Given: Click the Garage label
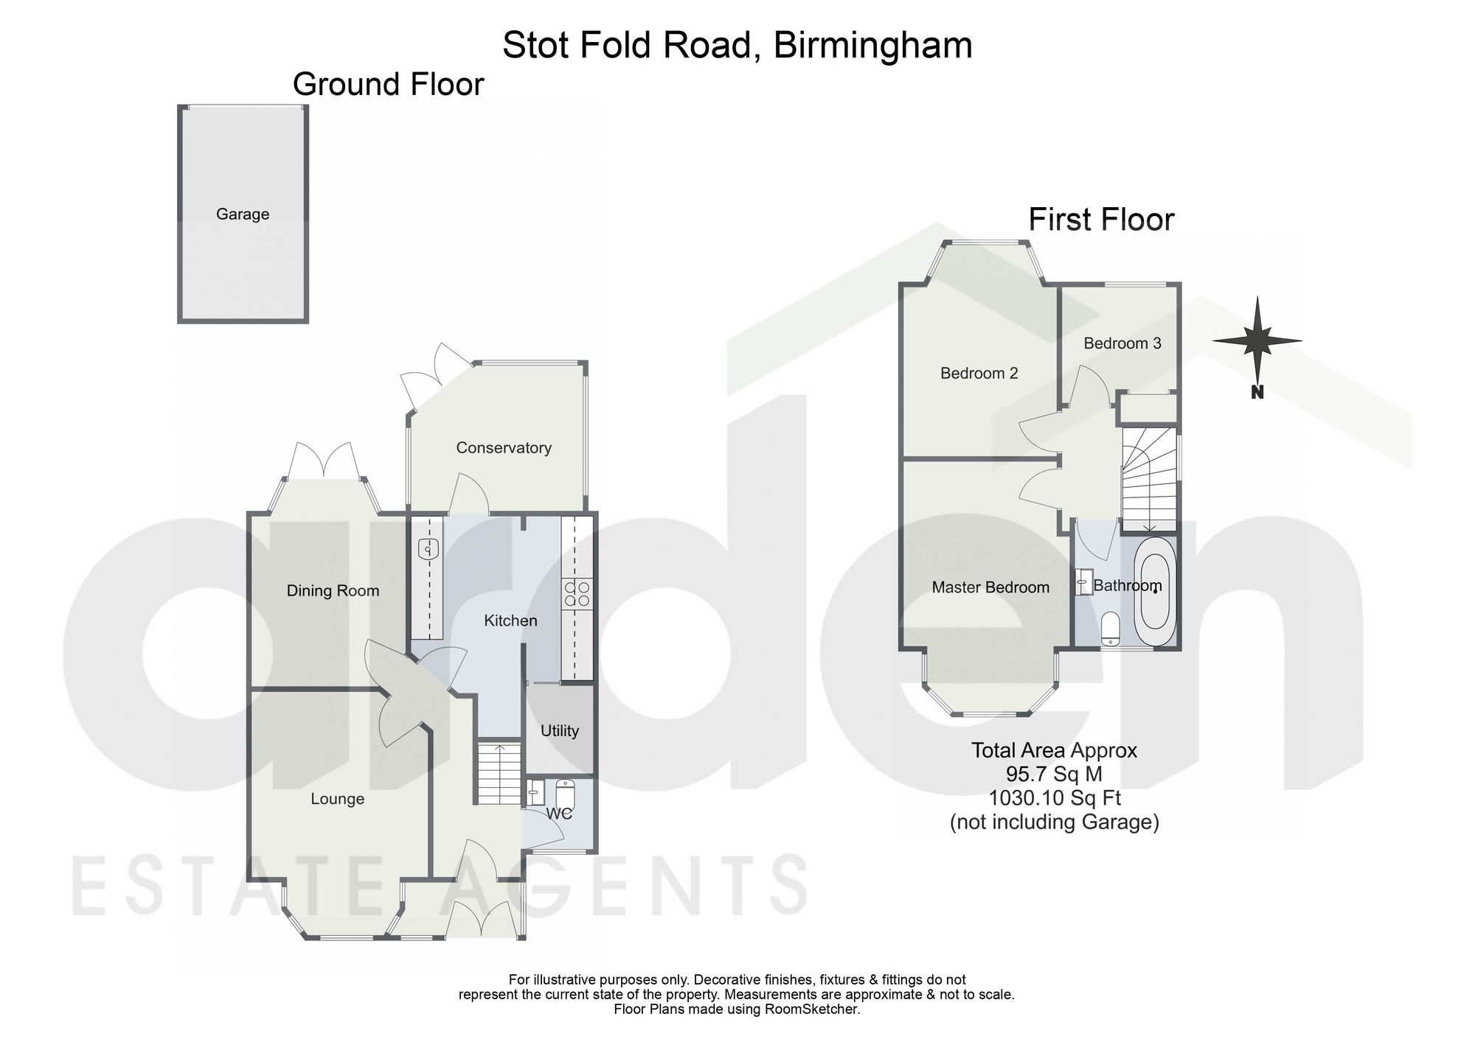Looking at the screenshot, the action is pyautogui.click(x=243, y=214).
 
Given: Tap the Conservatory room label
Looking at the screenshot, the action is pyautogui.click(x=504, y=448).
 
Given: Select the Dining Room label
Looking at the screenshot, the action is pyautogui.click(x=333, y=590).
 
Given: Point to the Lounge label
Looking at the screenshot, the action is pyautogui.click(x=337, y=799).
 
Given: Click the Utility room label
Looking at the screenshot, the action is pyautogui.click(x=560, y=731).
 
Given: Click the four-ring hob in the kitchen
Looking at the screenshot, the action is pyautogui.click(x=577, y=595).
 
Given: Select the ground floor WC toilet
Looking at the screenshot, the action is pyautogui.click(x=565, y=794).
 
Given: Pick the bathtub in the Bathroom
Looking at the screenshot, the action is pyautogui.click(x=1156, y=592).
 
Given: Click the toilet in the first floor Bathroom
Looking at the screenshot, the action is pyautogui.click(x=1110, y=629).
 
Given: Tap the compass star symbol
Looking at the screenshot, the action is pyautogui.click(x=1257, y=340).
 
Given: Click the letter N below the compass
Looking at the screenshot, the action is pyautogui.click(x=1257, y=393).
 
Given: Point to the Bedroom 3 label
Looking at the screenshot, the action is pyautogui.click(x=1122, y=343).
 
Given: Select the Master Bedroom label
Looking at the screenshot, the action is pyautogui.click(x=990, y=587).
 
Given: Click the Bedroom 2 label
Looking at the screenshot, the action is pyautogui.click(x=979, y=374).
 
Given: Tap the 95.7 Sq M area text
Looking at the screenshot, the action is pyautogui.click(x=1055, y=774).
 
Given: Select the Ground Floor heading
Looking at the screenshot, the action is pyautogui.click(x=389, y=84).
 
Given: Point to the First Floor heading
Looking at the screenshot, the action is pyautogui.click(x=1102, y=220).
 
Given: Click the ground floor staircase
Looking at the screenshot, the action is pyautogui.click(x=499, y=773).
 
